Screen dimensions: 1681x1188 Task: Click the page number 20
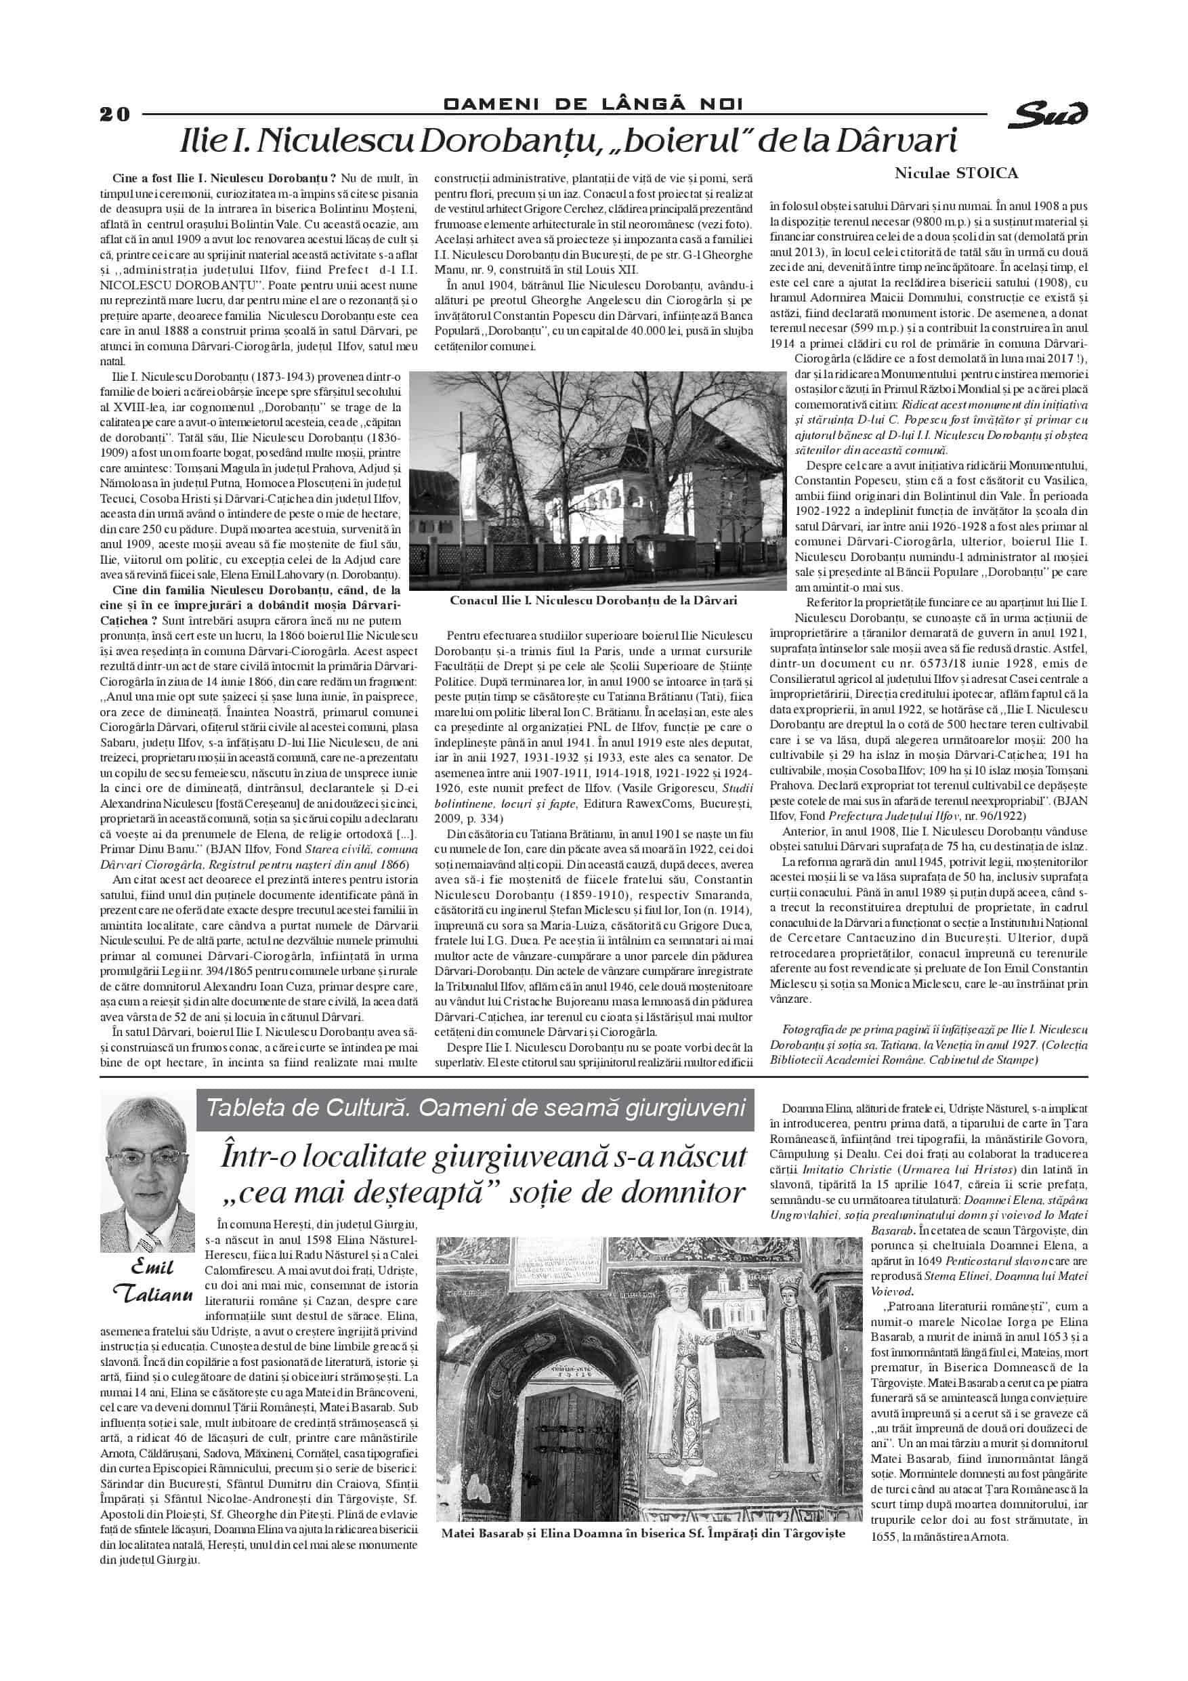(115, 115)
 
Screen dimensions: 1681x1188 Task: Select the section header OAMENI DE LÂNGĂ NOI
(593, 104)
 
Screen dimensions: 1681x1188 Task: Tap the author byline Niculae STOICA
(956, 173)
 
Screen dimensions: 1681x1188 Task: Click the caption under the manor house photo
(593, 600)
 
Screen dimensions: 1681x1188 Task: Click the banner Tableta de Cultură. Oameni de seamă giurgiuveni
(475, 1106)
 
